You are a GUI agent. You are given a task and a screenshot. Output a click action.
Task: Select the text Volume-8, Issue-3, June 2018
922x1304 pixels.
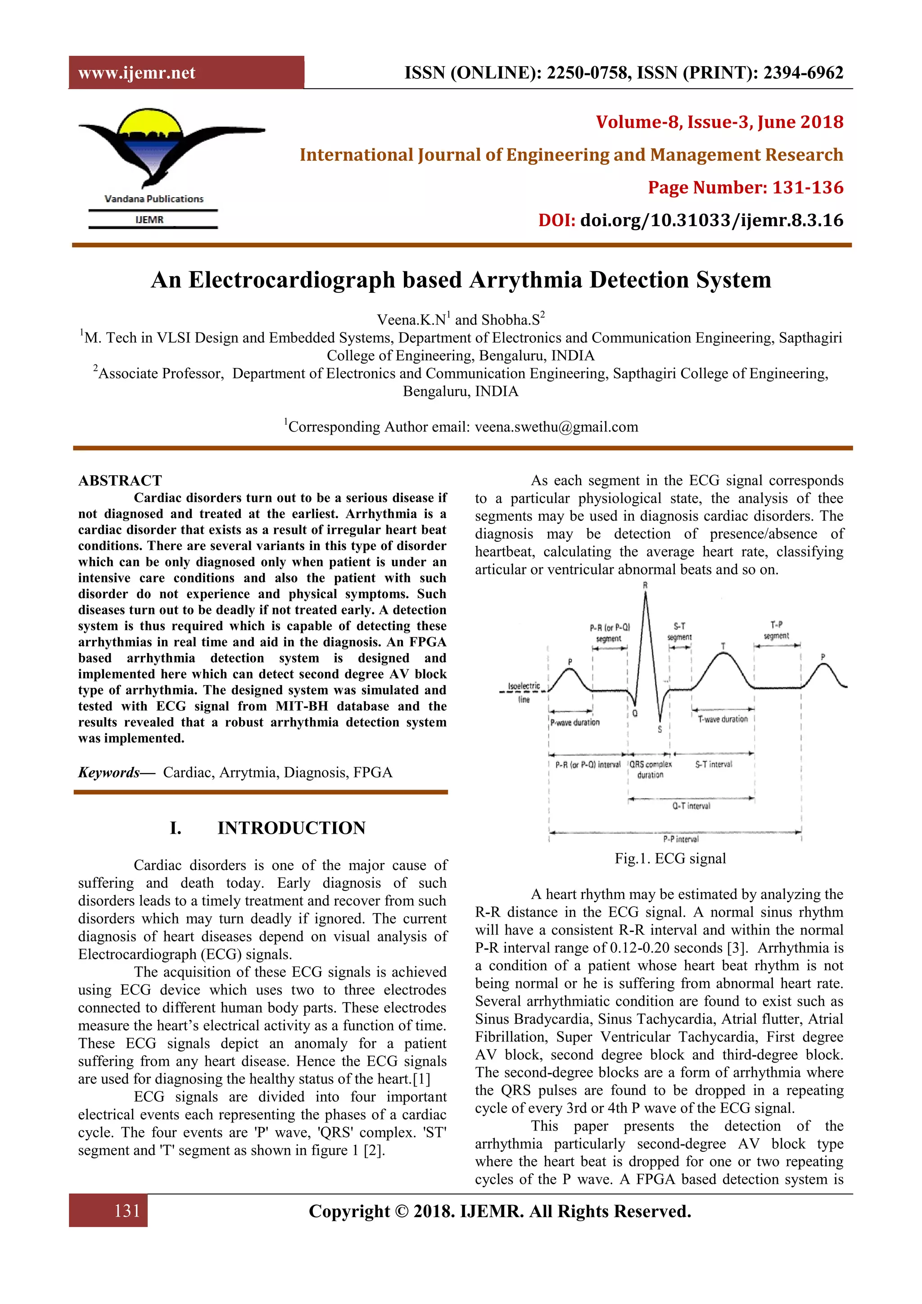pos(719,122)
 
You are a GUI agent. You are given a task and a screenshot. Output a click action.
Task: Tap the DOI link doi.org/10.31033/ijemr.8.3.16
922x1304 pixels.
pos(711,220)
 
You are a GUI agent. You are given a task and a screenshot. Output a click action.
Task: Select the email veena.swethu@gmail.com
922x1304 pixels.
pos(556,427)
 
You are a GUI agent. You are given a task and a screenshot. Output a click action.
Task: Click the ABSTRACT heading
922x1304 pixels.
pos(120,481)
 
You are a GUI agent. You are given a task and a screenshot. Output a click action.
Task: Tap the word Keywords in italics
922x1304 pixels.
pos(108,772)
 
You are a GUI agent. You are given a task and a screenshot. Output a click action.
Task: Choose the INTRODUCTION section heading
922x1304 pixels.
pos(291,828)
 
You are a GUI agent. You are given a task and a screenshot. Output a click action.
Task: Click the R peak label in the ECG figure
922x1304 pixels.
pos(645,585)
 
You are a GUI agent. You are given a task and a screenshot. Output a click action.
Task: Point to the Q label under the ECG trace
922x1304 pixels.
pos(635,713)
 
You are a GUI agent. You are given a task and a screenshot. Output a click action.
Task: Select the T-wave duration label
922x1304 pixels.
pos(722,719)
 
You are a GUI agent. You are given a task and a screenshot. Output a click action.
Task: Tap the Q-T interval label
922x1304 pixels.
pos(691,806)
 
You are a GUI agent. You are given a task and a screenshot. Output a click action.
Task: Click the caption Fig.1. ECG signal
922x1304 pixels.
pos(670,859)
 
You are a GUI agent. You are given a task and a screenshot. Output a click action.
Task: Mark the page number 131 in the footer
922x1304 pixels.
pos(127,1211)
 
